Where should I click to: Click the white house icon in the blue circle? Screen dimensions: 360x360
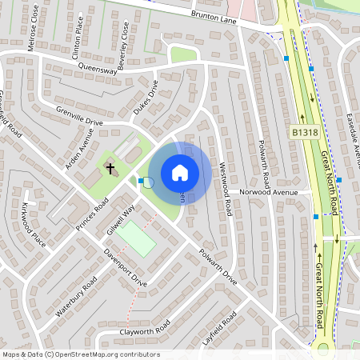[x=180, y=173]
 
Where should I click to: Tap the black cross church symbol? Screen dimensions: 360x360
[x=110, y=168]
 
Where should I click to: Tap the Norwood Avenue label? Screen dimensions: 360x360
[x=274, y=193]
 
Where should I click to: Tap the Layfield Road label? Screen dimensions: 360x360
[x=220, y=328]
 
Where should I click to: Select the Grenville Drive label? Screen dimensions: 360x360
[x=80, y=117]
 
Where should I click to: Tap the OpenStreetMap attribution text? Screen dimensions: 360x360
[x=80, y=354]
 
